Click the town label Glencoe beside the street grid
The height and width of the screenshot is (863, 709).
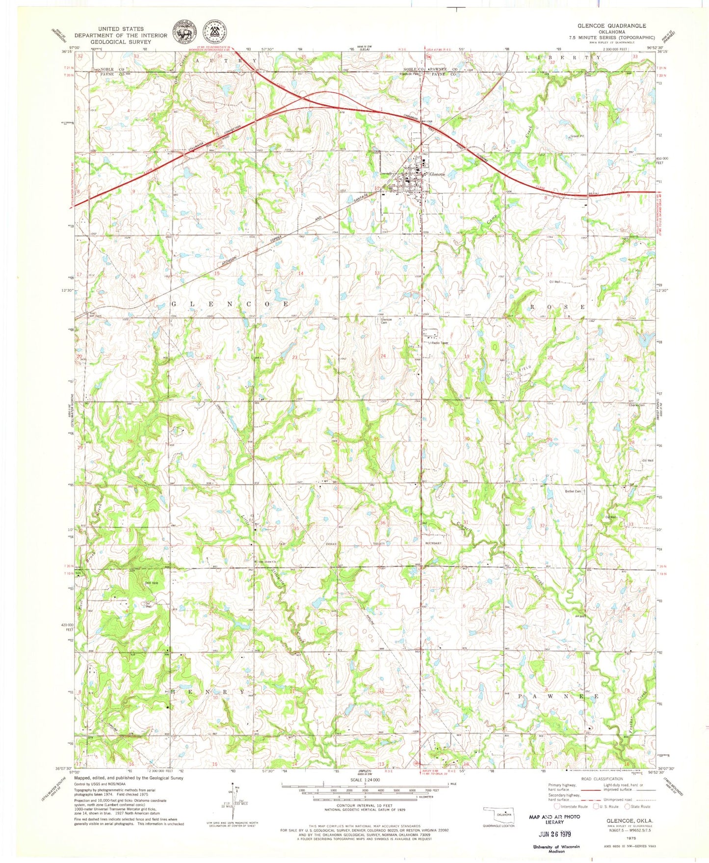click(437, 174)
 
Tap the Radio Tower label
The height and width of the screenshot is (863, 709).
click(440, 343)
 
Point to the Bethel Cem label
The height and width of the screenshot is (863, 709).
click(573, 491)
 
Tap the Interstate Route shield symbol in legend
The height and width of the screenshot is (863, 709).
click(555, 806)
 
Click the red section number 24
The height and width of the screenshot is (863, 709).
click(383, 355)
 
